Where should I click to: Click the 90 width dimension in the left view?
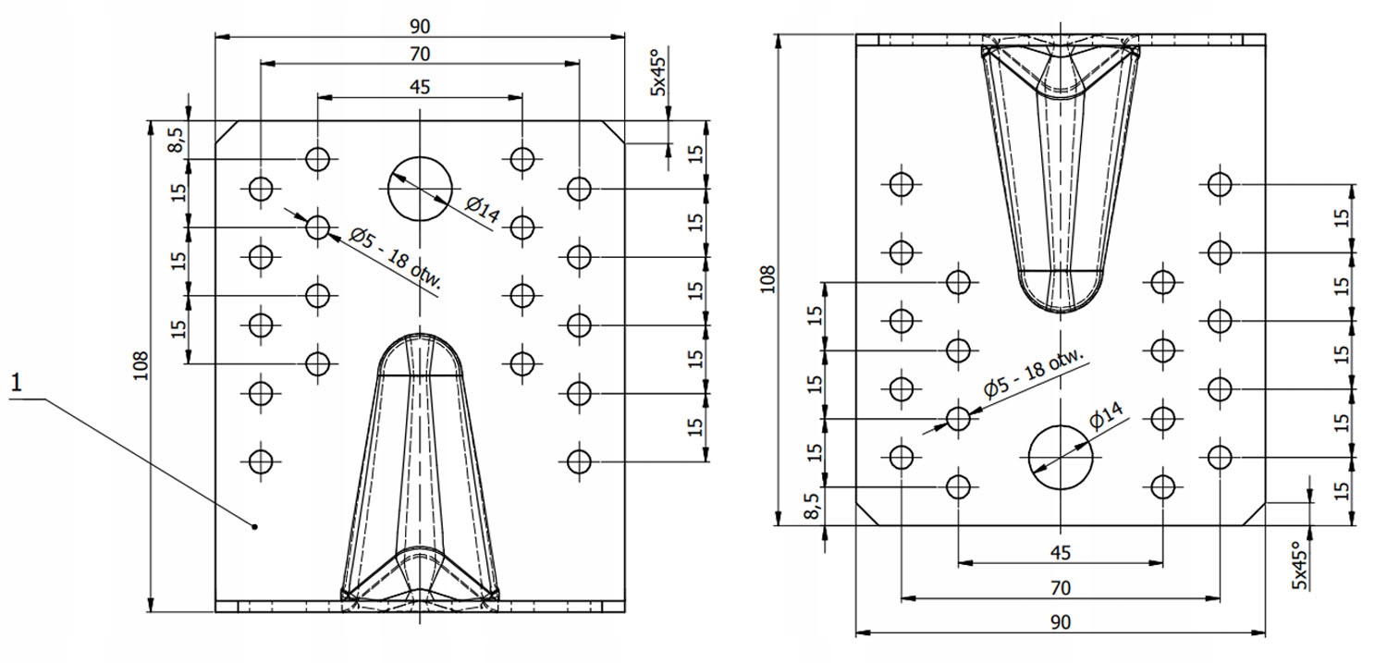419,27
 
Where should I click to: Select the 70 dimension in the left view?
419,55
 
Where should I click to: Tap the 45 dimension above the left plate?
419,87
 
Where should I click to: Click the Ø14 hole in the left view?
420,189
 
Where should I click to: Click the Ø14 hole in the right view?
1061,458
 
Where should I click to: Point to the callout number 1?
17,383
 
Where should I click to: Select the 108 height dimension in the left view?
141,365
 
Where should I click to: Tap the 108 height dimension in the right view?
767,279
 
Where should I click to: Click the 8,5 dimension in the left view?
178,140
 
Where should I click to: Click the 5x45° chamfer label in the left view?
657,75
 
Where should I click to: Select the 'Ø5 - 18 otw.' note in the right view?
1034,374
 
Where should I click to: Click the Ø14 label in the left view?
483,209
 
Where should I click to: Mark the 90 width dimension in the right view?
1060,621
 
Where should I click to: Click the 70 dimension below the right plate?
1060,587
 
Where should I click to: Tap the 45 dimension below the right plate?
1060,552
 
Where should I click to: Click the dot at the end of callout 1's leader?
254,527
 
